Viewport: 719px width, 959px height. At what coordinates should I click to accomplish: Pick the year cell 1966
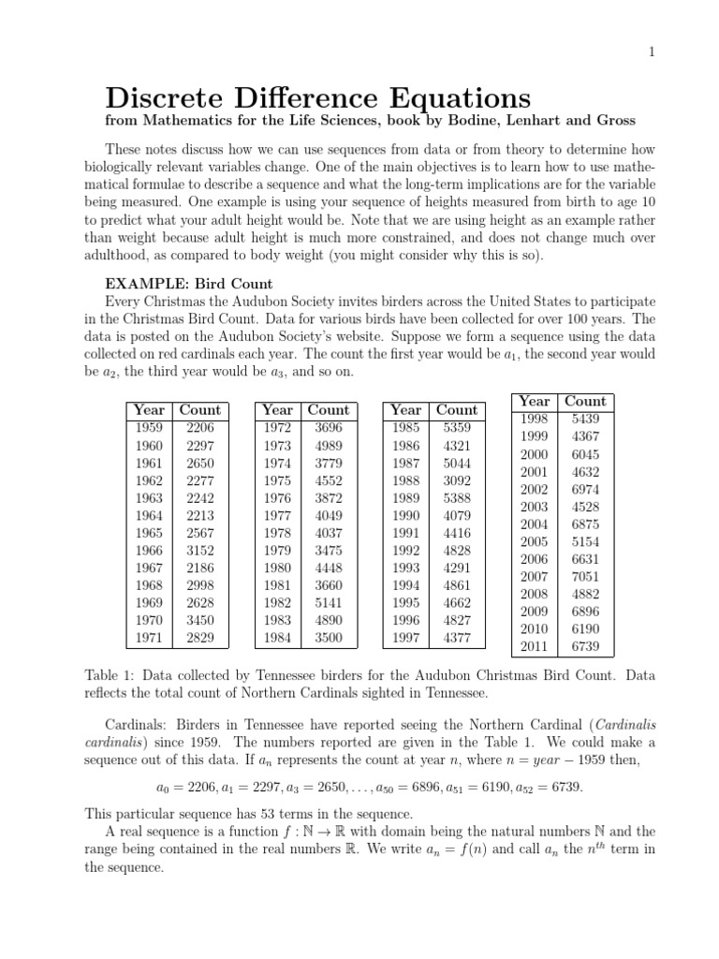coord(149,551)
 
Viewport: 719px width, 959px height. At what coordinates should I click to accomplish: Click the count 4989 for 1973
coord(329,445)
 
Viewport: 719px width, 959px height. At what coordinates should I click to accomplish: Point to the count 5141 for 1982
coord(329,603)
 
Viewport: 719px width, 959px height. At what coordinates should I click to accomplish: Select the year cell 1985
coord(405,427)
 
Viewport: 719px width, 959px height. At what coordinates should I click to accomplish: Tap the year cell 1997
coord(405,639)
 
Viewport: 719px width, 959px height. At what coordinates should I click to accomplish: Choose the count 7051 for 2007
coord(585,577)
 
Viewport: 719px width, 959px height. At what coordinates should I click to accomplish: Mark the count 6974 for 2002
coord(585,489)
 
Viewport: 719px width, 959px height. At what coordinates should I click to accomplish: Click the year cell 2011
coord(534,647)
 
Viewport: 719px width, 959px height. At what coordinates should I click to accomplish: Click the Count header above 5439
coord(585,401)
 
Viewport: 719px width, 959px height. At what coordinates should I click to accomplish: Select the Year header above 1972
coord(277,409)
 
